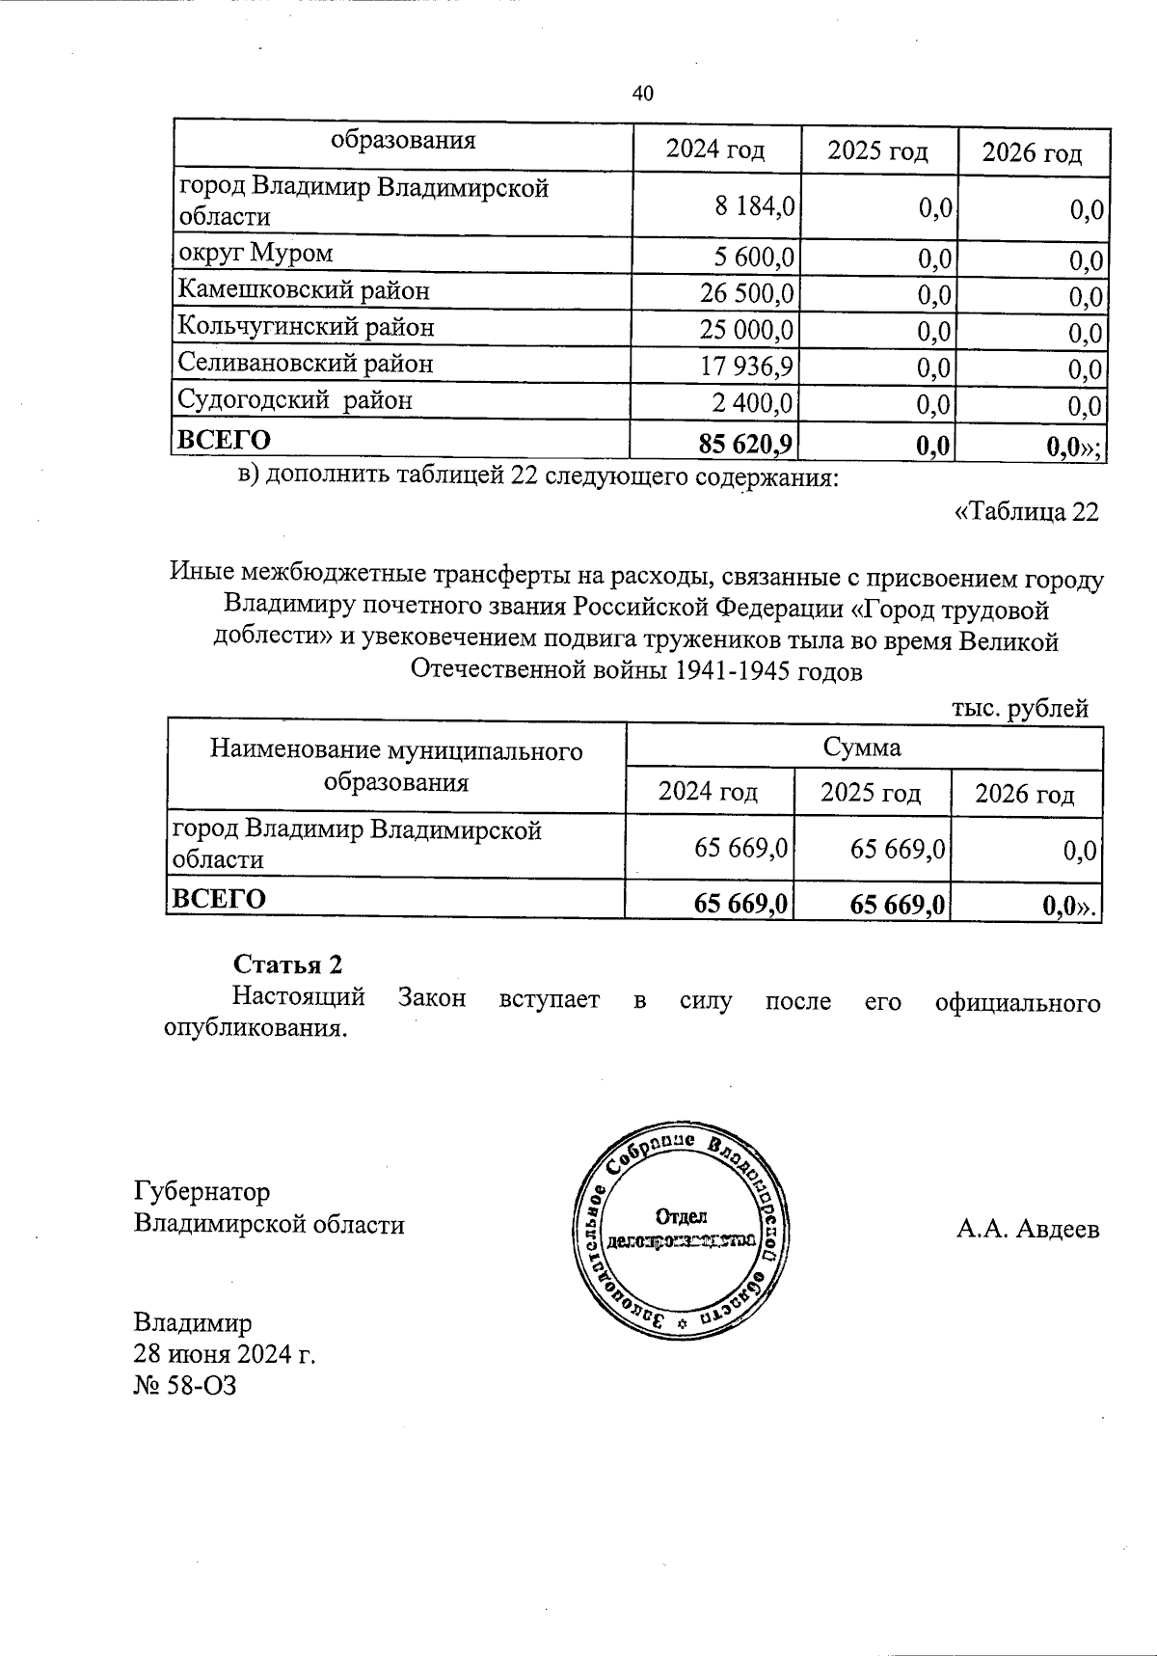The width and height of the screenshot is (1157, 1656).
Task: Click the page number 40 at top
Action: point(643,93)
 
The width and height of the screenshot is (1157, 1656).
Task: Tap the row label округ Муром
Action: point(256,253)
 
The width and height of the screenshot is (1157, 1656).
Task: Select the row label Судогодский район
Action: point(295,399)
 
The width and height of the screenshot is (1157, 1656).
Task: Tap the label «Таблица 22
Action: point(1026,511)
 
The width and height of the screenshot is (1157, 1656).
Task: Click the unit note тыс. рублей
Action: point(1020,709)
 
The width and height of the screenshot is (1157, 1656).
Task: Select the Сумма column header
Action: point(862,747)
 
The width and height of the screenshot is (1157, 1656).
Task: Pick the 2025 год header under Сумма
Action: point(871,792)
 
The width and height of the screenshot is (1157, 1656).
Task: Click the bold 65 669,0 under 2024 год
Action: point(740,903)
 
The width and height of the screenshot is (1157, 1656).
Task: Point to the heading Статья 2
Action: point(287,964)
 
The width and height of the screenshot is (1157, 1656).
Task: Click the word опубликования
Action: point(256,1027)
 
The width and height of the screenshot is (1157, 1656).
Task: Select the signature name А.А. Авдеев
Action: point(1028,1230)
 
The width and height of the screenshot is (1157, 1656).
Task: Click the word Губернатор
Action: point(202,1192)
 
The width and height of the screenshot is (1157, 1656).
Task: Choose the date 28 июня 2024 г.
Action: point(225,1354)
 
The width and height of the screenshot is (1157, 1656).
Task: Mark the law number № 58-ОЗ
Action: point(185,1386)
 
